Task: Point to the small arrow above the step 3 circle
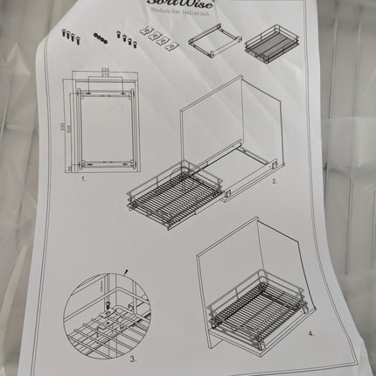coord(126,272)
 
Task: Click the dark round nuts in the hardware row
coord(101,37)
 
